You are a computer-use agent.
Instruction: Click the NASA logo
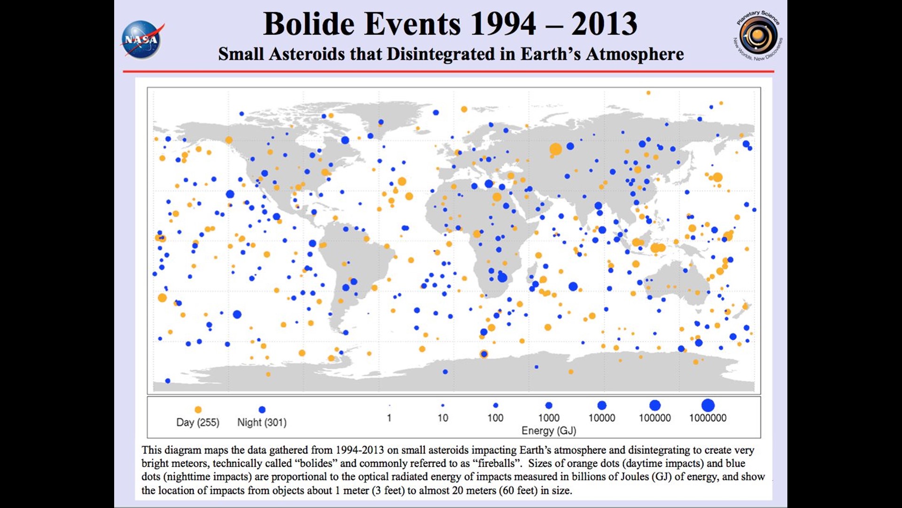[142, 40]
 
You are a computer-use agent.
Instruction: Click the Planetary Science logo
[758, 36]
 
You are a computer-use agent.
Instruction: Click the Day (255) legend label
[198, 422]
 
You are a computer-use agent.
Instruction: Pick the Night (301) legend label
[262, 422]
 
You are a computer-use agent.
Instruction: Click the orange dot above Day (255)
[198, 410]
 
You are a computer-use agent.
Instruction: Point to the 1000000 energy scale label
[708, 418]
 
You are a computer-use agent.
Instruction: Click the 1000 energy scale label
[549, 418]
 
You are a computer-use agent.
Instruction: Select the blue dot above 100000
[655, 405]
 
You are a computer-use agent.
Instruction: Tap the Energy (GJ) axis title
[549, 430]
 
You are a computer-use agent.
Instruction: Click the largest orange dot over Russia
[556, 149]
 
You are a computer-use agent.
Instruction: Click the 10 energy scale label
[443, 418]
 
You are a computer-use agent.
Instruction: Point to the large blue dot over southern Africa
[502, 278]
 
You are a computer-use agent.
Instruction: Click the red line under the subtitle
[449, 71]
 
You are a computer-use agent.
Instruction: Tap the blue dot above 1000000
[708, 405]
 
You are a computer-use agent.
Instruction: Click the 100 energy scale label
[495, 418]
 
